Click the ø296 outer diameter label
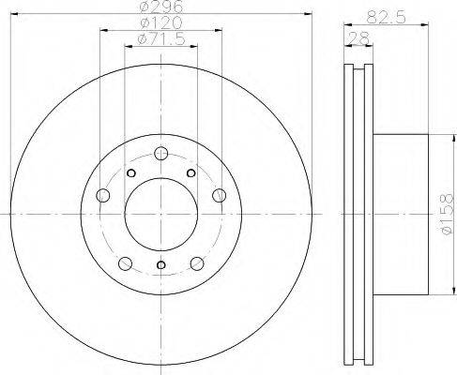[160, 8]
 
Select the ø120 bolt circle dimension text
[160, 22]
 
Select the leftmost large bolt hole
[103, 195]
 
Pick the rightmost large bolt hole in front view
[219, 195]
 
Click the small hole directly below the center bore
[160, 265]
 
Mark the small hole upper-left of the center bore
[130, 173]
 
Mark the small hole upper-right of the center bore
[190, 173]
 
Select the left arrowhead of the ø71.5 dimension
[128, 44]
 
